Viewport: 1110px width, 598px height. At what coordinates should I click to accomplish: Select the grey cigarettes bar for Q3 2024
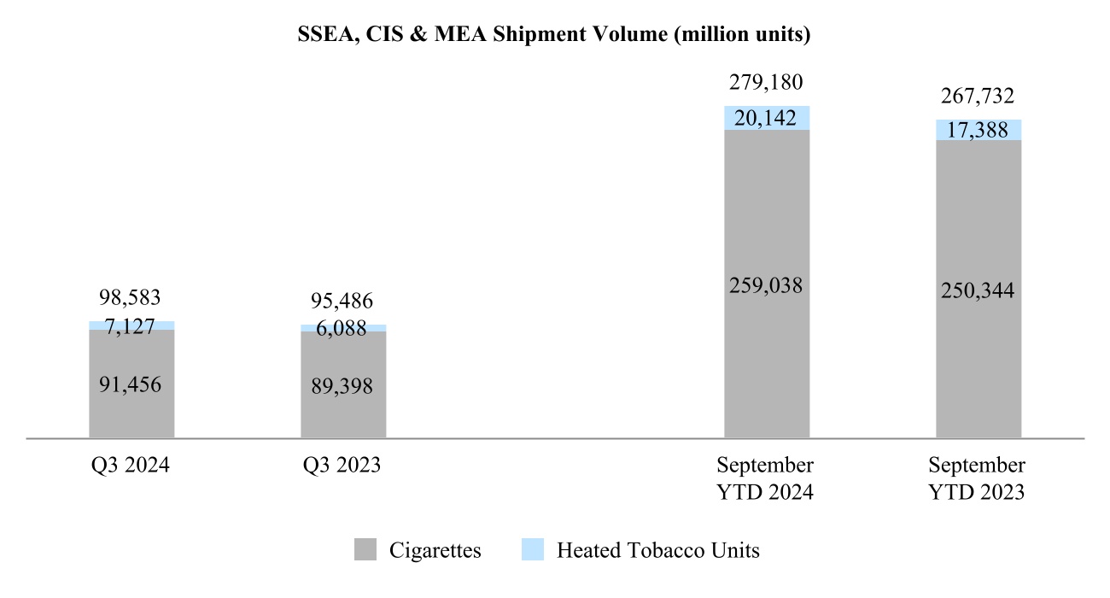(x=131, y=410)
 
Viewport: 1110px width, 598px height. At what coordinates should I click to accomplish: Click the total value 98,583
(x=131, y=298)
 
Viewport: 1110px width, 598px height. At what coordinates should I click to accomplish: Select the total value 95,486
(x=342, y=302)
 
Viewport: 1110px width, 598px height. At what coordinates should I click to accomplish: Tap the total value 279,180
(x=766, y=83)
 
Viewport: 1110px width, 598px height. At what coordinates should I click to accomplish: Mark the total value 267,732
(x=978, y=97)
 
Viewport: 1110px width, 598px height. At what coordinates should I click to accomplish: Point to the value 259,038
(x=766, y=285)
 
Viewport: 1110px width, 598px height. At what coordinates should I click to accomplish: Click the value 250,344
(x=978, y=290)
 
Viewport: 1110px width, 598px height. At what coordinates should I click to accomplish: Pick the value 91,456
(x=131, y=384)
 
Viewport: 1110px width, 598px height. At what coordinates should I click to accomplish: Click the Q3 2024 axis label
(x=131, y=466)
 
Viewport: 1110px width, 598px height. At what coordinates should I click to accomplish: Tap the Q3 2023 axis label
(x=342, y=466)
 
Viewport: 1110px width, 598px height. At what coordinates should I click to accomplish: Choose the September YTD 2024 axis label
(x=765, y=478)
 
